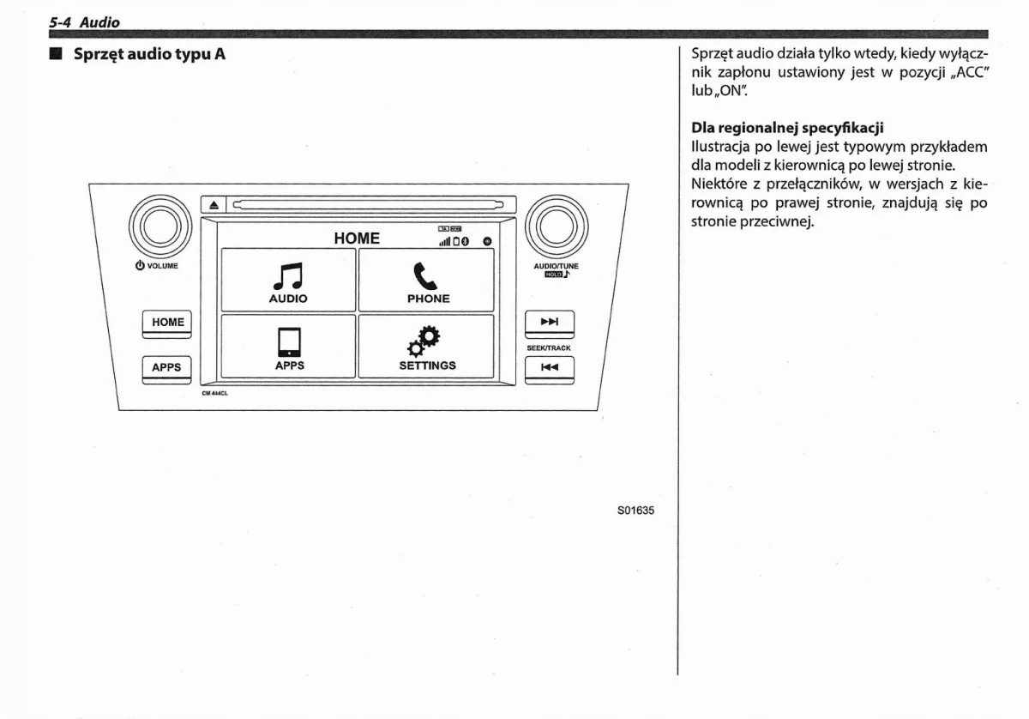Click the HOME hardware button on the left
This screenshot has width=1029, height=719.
coord(167,323)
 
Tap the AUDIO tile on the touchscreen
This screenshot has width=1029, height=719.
coord(288,280)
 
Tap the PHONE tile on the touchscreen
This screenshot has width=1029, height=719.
coord(426,280)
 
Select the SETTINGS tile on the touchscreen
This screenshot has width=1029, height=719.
coord(426,346)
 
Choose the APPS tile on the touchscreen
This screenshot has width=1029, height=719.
coord(288,346)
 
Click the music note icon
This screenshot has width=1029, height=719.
coord(288,275)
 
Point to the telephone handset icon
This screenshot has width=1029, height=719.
coord(424,275)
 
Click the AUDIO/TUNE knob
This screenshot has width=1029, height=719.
coord(556,225)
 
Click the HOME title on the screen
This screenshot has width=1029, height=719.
coord(357,239)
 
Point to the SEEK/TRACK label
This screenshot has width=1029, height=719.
coord(549,348)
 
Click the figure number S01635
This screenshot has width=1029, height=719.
coord(635,510)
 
